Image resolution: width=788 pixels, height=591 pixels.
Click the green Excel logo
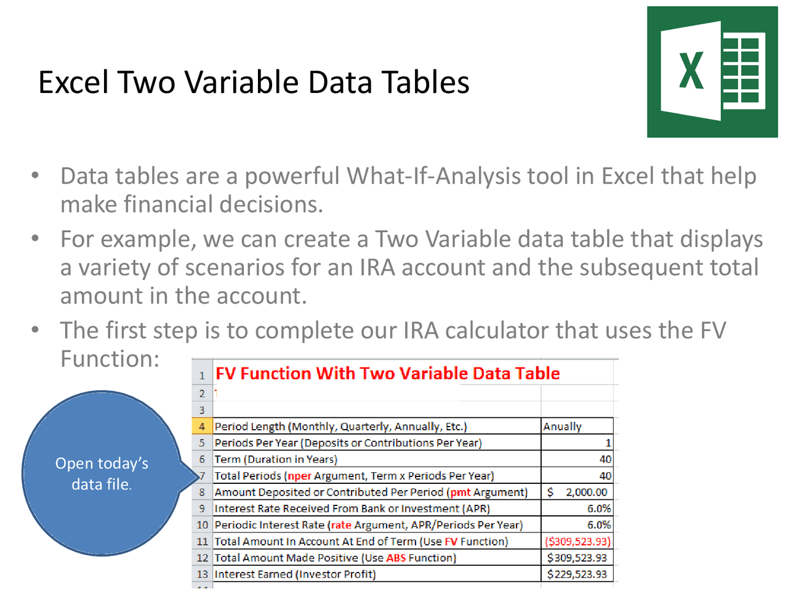pyautogui.click(x=712, y=72)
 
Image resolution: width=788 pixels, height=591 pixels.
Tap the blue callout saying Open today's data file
pyautogui.click(x=102, y=473)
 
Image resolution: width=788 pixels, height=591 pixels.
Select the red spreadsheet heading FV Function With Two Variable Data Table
pyautogui.click(x=387, y=374)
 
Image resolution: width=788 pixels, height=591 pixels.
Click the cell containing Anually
pyautogui.click(x=563, y=427)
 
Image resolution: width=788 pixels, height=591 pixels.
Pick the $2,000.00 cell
pyautogui.click(x=577, y=492)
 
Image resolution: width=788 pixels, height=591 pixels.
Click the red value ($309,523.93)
pyautogui.click(x=577, y=542)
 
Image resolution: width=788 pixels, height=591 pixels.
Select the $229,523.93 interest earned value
pyautogui.click(x=577, y=574)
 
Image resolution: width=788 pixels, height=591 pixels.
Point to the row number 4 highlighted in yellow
pyautogui.click(x=202, y=427)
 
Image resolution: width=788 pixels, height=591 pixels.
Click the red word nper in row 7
pyautogui.click(x=300, y=476)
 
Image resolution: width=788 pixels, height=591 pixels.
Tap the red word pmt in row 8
pyautogui.click(x=460, y=492)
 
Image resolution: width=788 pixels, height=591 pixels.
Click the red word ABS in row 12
pyautogui.click(x=396, y=558)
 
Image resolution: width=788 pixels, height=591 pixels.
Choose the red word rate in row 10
pyautogui.click(x=341, y=525)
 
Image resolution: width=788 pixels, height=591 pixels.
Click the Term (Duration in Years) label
pyautogui.click(x=276, y=459)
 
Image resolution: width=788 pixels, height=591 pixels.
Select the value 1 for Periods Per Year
pyautogui.click(x=608, y=443)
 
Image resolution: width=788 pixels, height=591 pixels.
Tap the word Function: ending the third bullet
pyautogui.click(x=110, y=359)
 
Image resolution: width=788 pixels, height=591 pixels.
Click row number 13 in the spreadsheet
pyautogui.click(x=203, y=574)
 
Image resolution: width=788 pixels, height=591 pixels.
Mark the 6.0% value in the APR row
pyautogui.click(x=598, y=509)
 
